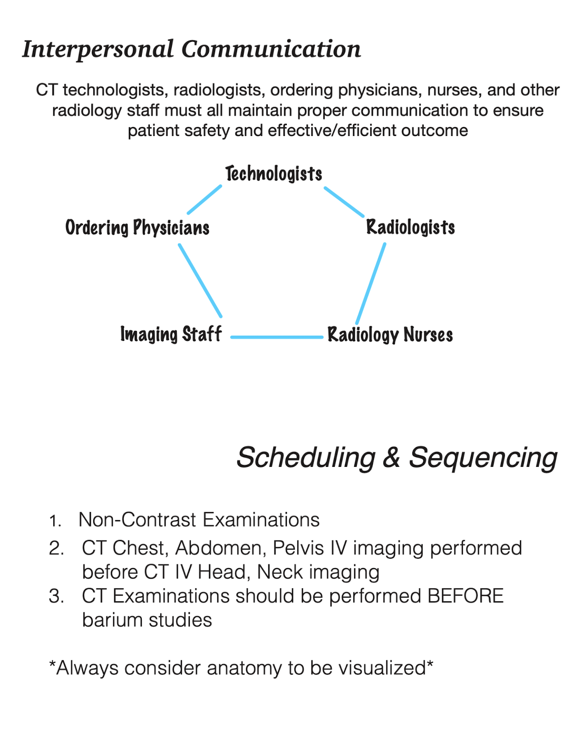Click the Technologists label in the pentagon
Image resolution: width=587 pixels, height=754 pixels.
274,174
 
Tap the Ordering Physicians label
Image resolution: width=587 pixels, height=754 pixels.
137,228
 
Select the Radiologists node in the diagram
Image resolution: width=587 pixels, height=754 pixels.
411,228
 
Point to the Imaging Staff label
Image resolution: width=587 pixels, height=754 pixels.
171,335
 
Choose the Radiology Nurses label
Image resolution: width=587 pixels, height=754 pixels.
390,335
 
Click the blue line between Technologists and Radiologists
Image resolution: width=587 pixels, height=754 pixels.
344,202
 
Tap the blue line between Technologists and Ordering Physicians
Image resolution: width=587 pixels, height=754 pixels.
205,200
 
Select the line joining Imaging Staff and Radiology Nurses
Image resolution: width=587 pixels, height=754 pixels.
277,337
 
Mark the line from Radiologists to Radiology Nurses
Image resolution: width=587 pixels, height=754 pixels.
371,283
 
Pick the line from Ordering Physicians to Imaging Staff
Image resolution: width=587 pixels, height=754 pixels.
200,280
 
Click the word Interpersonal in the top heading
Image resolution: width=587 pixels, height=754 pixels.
98,49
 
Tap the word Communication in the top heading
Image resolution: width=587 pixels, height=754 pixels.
271,49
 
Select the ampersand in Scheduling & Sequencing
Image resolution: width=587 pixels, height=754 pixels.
391,458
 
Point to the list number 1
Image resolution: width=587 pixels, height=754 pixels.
55,522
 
